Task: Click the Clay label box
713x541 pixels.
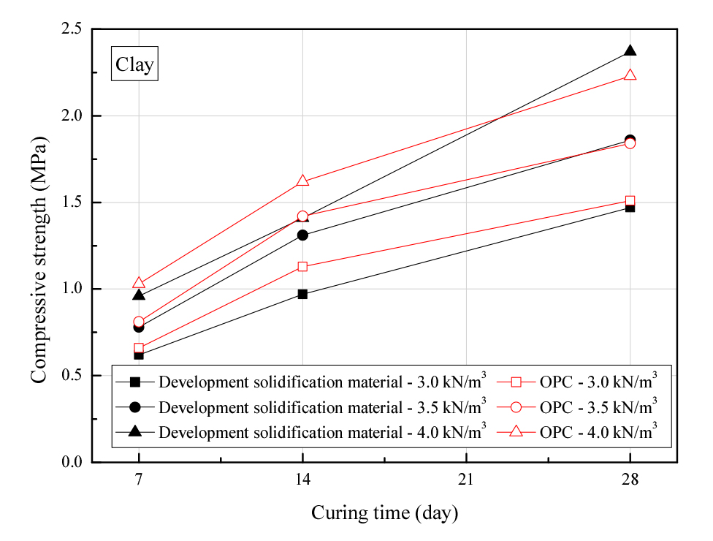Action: pyautogui.click(x=134, y=65)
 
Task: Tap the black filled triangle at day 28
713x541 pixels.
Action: pyautogui.click(x=630, y=51)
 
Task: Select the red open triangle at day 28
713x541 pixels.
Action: pyautogui.click(x=630, y=75)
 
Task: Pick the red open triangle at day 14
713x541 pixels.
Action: pyautogui.click(x=302, y=181)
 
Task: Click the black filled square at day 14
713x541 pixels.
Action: pyautogui.click(x=302, y=294)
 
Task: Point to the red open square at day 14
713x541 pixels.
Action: pyautogui.click(x=302, y=266)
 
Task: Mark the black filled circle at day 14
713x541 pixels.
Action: pyautogui.click(x=302, y=235)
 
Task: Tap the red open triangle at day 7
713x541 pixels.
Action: pyautogui.click(x=139, y=284)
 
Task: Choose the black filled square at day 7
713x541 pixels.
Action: pyautogui.click(x=139, y=355)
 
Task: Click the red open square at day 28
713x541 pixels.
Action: pyautogui.click(x=630, y=200)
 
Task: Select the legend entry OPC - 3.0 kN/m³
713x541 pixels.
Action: pyautogui.click(x=584, y=382)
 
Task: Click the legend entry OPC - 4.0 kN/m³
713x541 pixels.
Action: pyautogui.click(x=584, y=431)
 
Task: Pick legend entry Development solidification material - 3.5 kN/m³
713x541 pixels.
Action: pyautogui.click(x=307, y=406)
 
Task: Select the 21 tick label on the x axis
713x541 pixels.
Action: pyautogui.click(x=466, y=480)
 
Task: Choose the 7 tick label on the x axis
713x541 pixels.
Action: pyautogui.click(x=139, y=480)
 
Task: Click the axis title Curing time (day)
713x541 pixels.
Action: pyautogui.click(x=384, y=513)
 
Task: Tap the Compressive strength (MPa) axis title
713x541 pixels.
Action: pyautogui.click(x=39, y=246)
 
